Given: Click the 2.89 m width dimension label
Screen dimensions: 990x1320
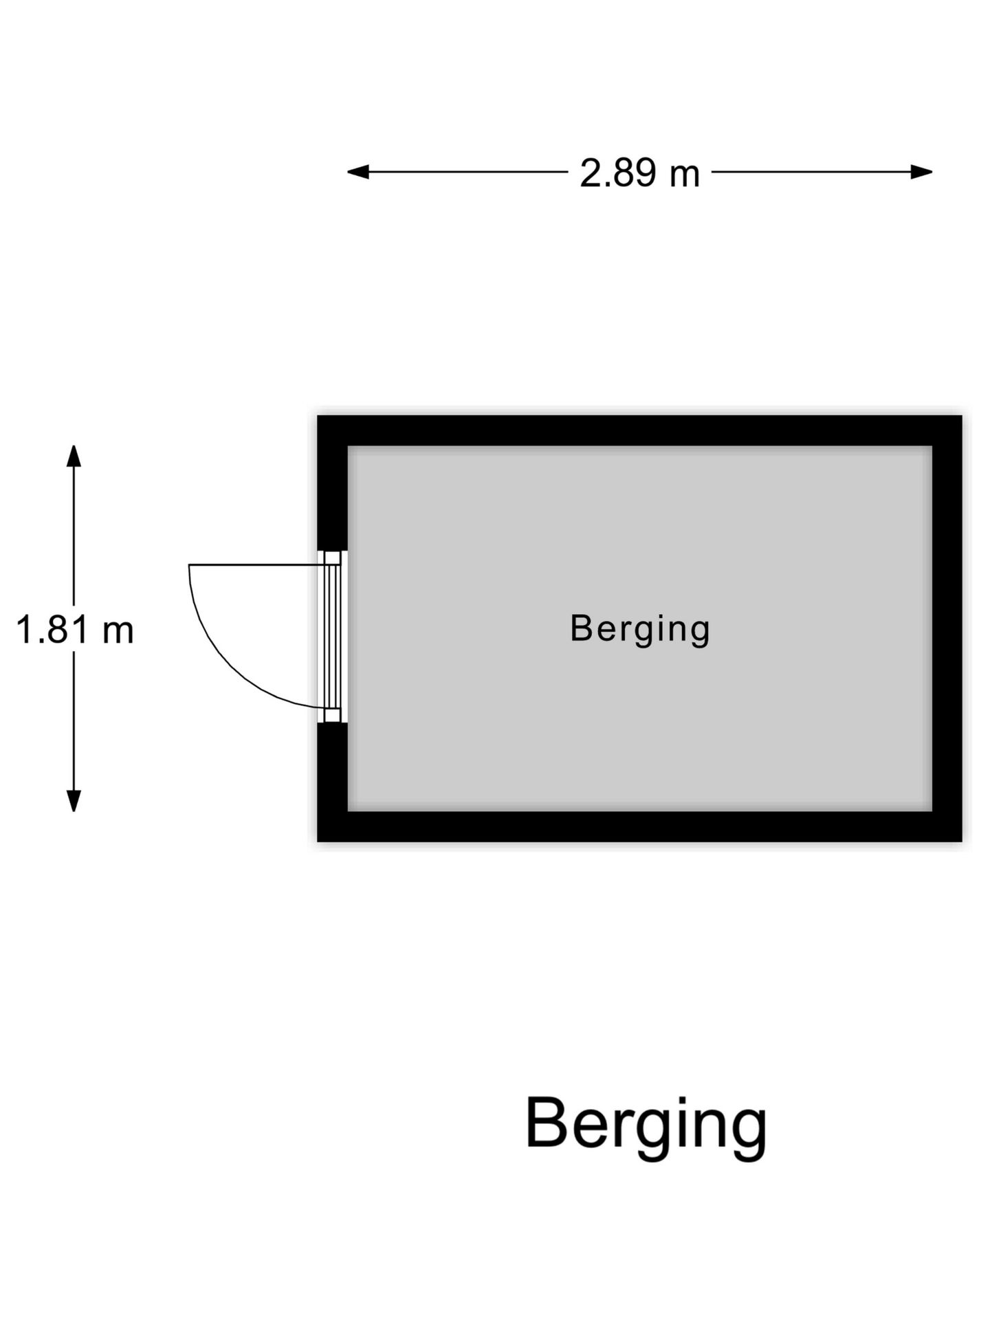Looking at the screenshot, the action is pos(639,173).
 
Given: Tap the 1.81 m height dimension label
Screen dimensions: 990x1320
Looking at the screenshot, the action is pos(74,630).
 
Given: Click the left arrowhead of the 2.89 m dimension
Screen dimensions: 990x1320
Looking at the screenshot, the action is pos(357,172).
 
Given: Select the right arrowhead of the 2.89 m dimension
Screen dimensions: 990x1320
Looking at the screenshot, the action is pos(922,172).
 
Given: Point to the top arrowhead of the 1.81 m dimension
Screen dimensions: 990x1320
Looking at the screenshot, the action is pos(74,456).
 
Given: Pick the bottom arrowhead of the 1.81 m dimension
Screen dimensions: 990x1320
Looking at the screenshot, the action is pos(74,801).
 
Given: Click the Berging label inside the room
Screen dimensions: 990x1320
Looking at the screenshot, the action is pos(640,629).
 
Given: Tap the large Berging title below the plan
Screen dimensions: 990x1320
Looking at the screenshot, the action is pos(646,1125).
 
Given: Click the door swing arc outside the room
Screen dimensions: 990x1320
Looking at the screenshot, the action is pos(231,666).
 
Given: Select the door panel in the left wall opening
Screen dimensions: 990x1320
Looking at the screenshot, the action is pos(333,637).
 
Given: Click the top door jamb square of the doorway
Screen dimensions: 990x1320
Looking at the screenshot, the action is pos(333,558).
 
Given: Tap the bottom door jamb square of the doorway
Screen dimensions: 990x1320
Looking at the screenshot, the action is pos(333,716).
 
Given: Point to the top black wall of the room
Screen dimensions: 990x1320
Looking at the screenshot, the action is pos(639,430).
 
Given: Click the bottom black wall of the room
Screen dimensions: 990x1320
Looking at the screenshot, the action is pos(639,826).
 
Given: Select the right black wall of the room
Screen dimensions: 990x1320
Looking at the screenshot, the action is pos(947,628).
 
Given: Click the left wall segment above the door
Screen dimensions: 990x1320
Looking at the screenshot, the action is pos(332,483).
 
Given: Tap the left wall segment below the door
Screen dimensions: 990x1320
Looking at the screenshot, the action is pos(332,782).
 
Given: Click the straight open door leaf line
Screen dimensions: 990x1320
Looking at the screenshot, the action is pos(257,565).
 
